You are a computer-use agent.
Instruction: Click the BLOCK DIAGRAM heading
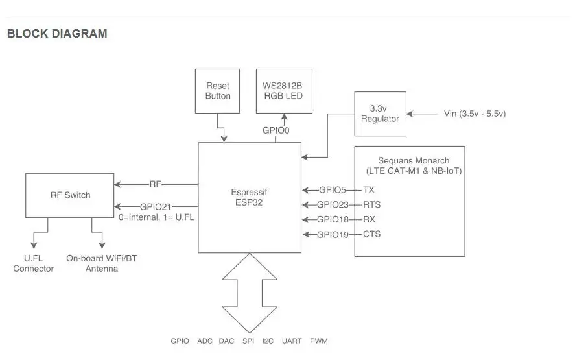(57, 34)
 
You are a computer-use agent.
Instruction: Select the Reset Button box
(218, 91)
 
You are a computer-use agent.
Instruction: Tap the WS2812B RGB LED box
(284, 91)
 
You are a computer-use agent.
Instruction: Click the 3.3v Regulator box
(380, 114)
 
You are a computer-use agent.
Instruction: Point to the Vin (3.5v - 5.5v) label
(475, 114)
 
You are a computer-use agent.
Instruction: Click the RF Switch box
(71, 195)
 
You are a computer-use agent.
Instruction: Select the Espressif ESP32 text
(249, 197)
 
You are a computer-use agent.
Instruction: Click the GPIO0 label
(276, 130)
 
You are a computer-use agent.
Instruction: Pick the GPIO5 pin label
(333, 190)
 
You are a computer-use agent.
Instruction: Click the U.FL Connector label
(34, 263)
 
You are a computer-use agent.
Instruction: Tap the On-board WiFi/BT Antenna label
(102, 263)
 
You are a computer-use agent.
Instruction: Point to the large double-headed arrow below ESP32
(249, 292)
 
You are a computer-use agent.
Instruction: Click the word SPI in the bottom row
(248, 341)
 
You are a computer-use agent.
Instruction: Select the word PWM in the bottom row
(319, 341)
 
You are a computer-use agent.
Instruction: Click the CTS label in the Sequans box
(371, 234)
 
